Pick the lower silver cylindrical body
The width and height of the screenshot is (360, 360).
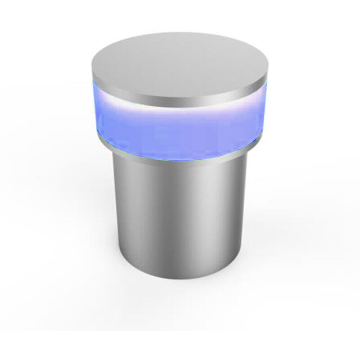pos(180,216)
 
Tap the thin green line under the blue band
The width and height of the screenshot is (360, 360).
pos(180,160)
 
